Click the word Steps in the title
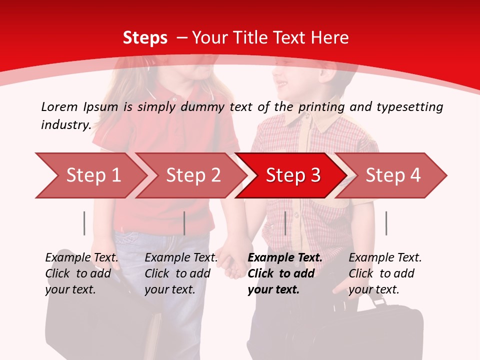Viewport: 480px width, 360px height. (145, 38)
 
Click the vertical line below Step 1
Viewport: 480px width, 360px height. (84, 223)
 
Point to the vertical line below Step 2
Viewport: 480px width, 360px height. (184, 223)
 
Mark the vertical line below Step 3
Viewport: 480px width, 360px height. (285, 223)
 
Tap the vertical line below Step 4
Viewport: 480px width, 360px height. (386, 223)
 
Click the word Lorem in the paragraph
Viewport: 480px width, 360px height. (59, 106)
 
